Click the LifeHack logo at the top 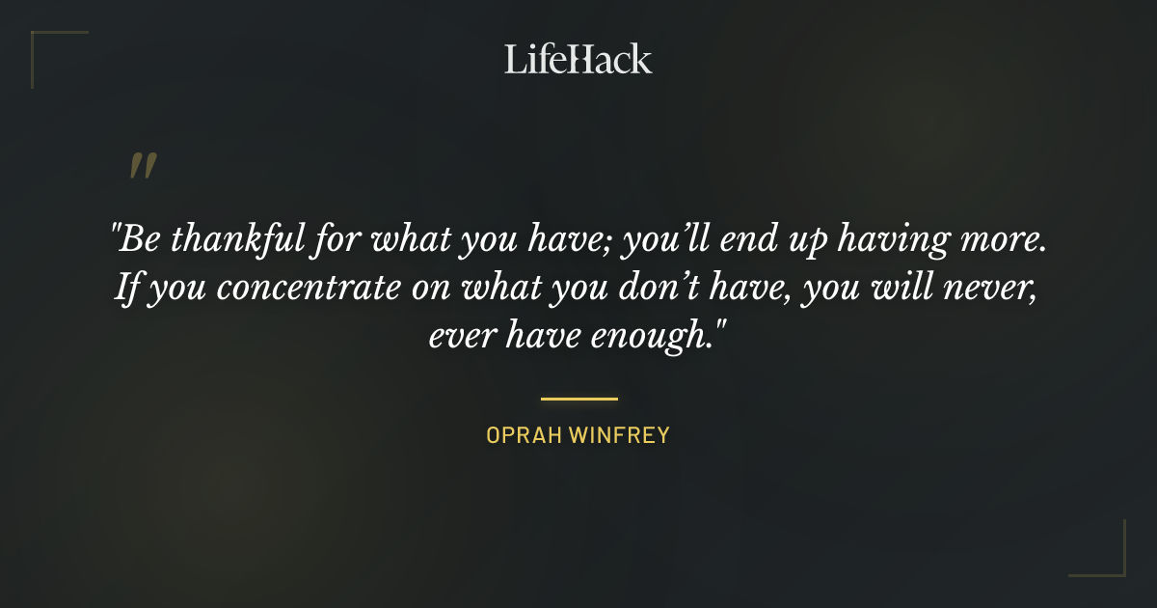coord(578,59)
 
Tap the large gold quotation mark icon coord(143,168)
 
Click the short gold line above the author coord(578,398)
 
